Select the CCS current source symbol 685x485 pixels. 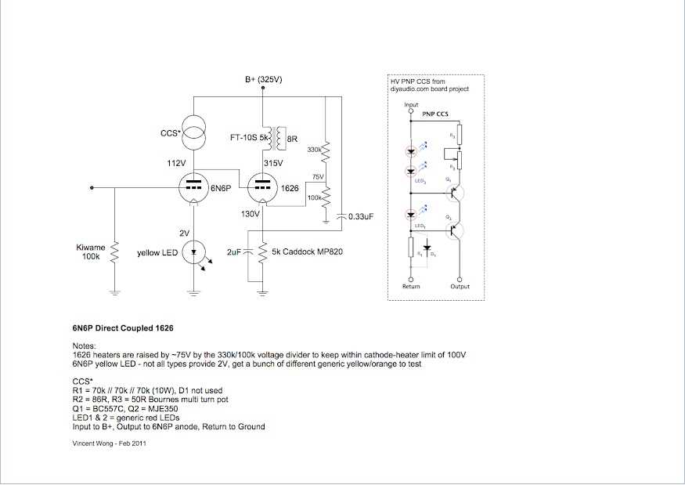[194, 135]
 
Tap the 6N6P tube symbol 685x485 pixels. [193, 188]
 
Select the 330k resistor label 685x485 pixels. [314, 149]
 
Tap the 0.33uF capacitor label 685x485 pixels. [359, 215]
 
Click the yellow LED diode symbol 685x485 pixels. [193, 252]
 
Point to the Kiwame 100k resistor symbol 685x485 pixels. [115, 252]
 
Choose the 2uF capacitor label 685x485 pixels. [234, 252]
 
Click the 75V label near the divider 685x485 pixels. [318, 177]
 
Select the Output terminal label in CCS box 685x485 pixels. [460, 287]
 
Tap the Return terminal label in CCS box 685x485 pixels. [411, 287]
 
